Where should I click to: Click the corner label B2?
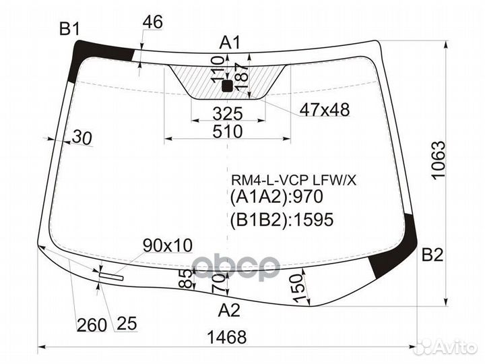(x=432, y=255)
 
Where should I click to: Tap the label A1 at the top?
(x=230, y=43)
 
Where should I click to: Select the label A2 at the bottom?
(x=230, y=311)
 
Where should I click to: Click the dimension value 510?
(x=228, y=131)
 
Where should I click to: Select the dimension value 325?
(x=227, y=112)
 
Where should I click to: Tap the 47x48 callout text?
(x=325, y=110)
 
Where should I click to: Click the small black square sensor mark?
(x=227, y=86)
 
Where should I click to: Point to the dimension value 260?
(x=92, y=325)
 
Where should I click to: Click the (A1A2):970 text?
(x=277, y=198)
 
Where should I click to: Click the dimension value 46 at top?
(x=153, y=22)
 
